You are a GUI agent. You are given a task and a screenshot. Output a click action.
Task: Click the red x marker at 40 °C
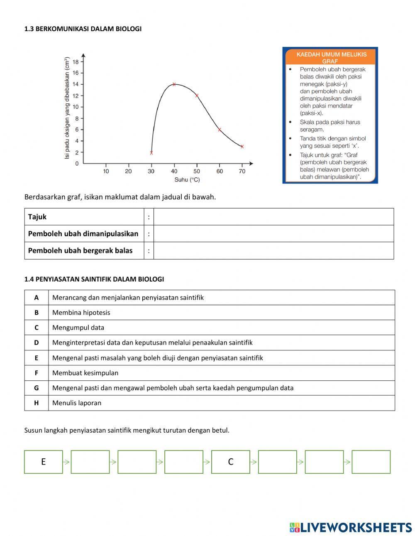pos(174,84)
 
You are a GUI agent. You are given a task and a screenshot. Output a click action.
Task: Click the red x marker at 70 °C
pos(242,147)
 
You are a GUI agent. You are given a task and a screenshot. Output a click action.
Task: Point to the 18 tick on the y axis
pos(76,62)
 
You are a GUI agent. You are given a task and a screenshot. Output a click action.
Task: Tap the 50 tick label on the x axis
pos(197,171)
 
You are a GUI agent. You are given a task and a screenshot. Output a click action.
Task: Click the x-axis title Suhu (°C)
pos(187,180)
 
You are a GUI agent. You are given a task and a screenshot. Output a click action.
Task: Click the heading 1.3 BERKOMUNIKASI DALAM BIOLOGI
pos(83,29)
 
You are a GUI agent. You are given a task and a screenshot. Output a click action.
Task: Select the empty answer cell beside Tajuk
pos(273,217)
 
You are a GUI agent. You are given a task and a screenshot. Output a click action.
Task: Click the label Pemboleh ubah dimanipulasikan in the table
pos(83,234)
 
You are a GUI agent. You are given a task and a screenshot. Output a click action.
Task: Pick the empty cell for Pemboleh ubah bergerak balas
pos(273,251)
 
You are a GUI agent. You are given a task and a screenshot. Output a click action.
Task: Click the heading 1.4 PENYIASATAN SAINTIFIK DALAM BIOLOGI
pos(94,279)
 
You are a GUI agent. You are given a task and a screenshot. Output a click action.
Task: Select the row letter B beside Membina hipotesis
pos(37,313)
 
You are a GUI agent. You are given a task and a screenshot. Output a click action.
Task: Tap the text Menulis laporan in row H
pos(77,403)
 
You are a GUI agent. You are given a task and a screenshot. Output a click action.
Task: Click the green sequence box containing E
pos(44,462)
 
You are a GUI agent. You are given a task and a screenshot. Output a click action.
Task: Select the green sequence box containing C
pos(231,462)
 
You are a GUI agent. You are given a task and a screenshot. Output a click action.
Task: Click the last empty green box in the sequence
pos(371,462)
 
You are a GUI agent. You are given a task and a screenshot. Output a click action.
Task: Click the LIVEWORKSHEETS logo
pos(351,527)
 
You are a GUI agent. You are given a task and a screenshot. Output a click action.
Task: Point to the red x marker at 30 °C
pos(151,153)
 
